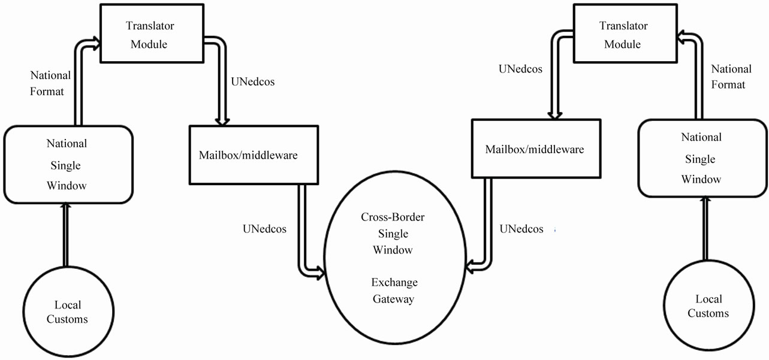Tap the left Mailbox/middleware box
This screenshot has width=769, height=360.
pyautogui.click(x=248, y=155)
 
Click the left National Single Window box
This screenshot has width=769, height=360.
pyautogui.click(x=67, y=165)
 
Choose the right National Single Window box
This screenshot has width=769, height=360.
pyautogui.click(x=701, y=158)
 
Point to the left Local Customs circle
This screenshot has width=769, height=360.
pyautogui.click(x=67, y=311)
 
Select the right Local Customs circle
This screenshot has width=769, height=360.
pyautogui.click(x=708, y=306)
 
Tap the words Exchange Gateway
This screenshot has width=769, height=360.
pyautogui.click(x=394, y=291)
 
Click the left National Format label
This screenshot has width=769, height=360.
pyautogui.click(x=50, y=84)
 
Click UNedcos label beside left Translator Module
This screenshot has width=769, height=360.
pyautogui.click(x=252, y=81)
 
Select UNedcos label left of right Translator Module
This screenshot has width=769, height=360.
pyautogui.click(x=520, y=69)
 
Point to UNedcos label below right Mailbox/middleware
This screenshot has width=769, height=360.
pyautogui.click(x=521, y=229)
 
